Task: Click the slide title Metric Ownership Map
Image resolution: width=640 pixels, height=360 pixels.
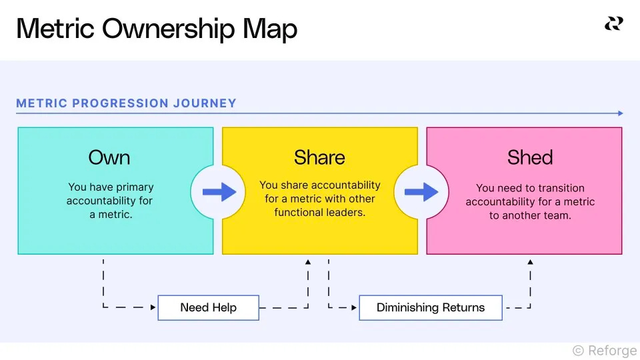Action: point(157,29)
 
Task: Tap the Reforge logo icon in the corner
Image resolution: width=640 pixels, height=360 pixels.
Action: point(613,24)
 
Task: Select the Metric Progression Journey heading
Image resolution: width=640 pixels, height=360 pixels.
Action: point(126,103)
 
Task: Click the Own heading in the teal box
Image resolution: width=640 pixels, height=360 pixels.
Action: point(109,157)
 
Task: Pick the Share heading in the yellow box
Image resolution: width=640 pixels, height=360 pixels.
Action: point(319,157)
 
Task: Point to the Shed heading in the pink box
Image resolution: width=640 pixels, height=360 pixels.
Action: point(530,157)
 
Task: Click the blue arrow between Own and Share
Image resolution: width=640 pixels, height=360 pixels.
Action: point(219,192)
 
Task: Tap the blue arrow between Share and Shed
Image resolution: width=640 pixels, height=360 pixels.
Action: point(421,192)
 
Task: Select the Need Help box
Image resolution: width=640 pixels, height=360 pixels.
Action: point(208,307)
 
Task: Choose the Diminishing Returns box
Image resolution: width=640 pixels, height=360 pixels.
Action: point(431,307)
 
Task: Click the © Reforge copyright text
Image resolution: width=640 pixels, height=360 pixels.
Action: point(604,350)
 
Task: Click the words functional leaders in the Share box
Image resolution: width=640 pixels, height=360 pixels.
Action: point(319,212)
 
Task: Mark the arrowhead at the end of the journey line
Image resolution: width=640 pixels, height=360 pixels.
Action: point(621,113)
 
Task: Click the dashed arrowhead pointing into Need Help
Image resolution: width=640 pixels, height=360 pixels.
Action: point(153,307)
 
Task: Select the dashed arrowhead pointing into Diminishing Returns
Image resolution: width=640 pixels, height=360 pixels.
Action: point(354,307)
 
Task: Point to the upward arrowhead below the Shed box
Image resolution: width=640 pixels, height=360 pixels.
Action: point(530,263)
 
